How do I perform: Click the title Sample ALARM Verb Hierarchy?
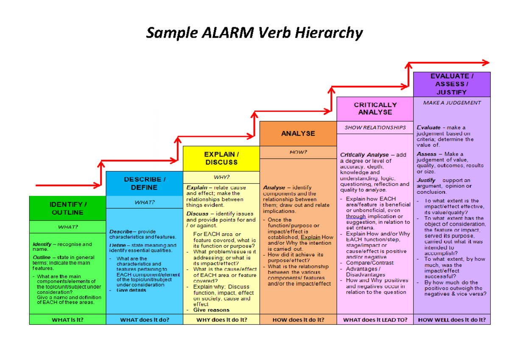pyautogui.click(x=255, y=33)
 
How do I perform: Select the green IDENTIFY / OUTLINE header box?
pyautogui.click(x=67, y=208)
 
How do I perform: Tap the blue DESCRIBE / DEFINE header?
pyautogui.click(x=144, y=184)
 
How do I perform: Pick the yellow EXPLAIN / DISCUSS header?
pyautogui.click(x=221, y=158)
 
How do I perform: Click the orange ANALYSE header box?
pyautogui.click(x=298, y=133)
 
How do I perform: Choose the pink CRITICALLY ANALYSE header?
pyautogui.click(x=375, y=109)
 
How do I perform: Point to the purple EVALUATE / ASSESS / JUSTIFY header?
pyautogui.click(x=452, y=84)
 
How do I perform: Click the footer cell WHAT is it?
pyautogui.click(x=67, y=320)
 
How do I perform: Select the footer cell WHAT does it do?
pyautogui.click(x=144, y=320)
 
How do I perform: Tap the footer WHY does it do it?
pyautogui.click(x=221, y=320)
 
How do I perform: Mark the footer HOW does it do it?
pyautogui.click(x=298, y=320)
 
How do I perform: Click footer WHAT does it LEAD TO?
pyautogui.click(x=375, y=320)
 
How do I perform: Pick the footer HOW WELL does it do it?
pyautogui.click(x=452, y=320)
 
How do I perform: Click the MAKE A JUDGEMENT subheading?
pyautogui.click(x=452, y=103)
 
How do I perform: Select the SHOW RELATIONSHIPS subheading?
pyautogui.click(x=375, y=127)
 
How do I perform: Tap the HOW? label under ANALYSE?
pyautogui.click(x=298, y=152)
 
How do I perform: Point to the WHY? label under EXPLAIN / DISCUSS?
pyautogui.click(x=221, y=177)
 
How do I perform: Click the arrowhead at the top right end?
pyautogui.click(x=485, y=63)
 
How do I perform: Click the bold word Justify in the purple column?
pyautogui.click(x=426, y=180)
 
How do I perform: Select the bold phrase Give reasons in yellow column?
pyautogui.click(x=211, y=310)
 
